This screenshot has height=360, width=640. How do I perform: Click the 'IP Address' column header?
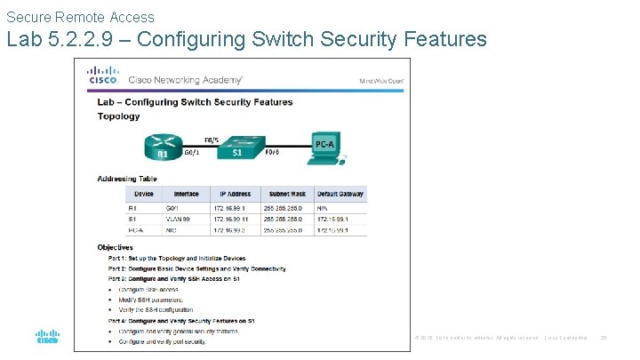click(x=235, y=194)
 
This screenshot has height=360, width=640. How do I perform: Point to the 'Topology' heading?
click(x=118, y=116)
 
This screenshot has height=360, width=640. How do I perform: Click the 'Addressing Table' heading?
click(x=128, y=179)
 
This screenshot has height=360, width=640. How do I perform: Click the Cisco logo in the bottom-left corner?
click(x=47, y=336)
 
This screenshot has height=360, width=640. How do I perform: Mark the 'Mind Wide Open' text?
click(x=381, y=80)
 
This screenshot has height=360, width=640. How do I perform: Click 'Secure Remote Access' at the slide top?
click(x=80, y=17)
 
